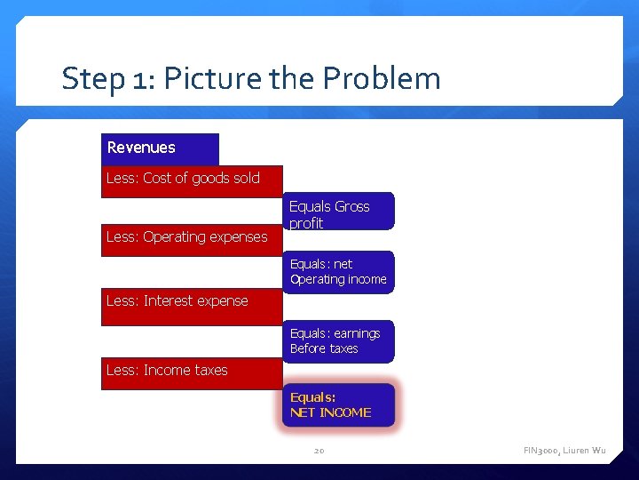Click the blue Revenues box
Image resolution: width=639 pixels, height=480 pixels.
(160, 148)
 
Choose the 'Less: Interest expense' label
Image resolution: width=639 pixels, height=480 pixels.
(177, 301)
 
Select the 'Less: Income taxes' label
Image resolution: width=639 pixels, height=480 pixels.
(167, 371)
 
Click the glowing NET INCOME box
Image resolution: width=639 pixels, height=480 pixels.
(337, 405)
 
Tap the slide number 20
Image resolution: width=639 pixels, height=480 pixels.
(319, 452)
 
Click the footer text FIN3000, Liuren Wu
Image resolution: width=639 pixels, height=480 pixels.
(564, 452)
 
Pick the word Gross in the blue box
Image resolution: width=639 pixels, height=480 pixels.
(352, 207)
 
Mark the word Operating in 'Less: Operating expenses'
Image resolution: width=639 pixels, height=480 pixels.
(180, 237)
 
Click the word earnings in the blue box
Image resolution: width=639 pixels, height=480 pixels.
(357, 334)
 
